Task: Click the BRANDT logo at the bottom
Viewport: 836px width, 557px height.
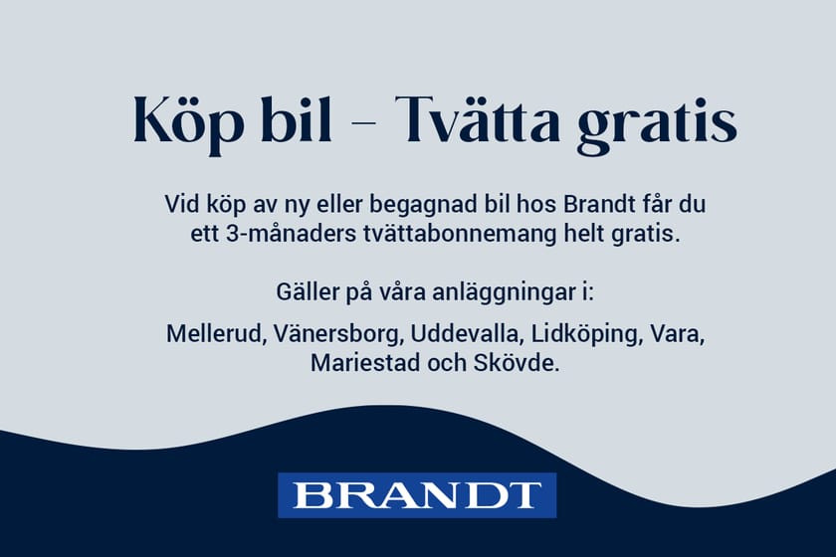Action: tap(417, 494)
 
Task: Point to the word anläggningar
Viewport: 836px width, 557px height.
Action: tap(502, 295)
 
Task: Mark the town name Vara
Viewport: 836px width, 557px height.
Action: tap(677, 333)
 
